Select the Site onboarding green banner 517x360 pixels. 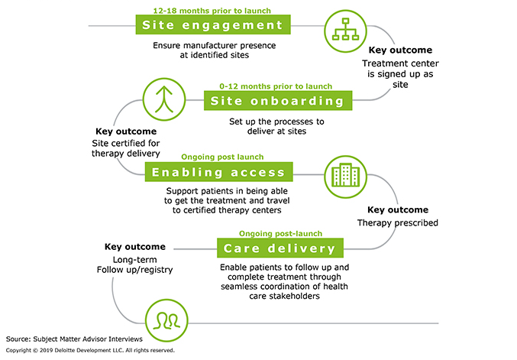278,102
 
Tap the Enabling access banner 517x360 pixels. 218,172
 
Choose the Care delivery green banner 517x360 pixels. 280,248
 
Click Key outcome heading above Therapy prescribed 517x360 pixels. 398,209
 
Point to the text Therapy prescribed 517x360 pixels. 398,224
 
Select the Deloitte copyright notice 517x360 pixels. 90,350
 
